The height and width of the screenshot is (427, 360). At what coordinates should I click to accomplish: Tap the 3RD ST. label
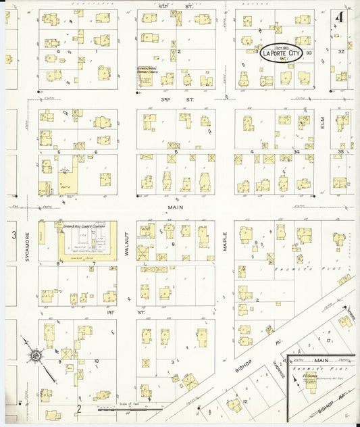coord(178,99)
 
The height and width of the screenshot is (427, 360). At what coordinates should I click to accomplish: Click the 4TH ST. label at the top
coord(180,6)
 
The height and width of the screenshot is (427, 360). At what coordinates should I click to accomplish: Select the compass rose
coord(32,354)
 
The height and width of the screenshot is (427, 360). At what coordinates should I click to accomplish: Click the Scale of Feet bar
coord(128,408)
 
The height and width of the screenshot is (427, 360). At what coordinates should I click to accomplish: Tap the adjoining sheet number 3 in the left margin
coord(13,235)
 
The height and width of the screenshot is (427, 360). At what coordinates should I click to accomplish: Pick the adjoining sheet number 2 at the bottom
coord(79,407)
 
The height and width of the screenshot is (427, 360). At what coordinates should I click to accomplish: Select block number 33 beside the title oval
coord(309,53)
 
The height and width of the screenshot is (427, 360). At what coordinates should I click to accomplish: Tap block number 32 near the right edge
coord(341,51)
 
